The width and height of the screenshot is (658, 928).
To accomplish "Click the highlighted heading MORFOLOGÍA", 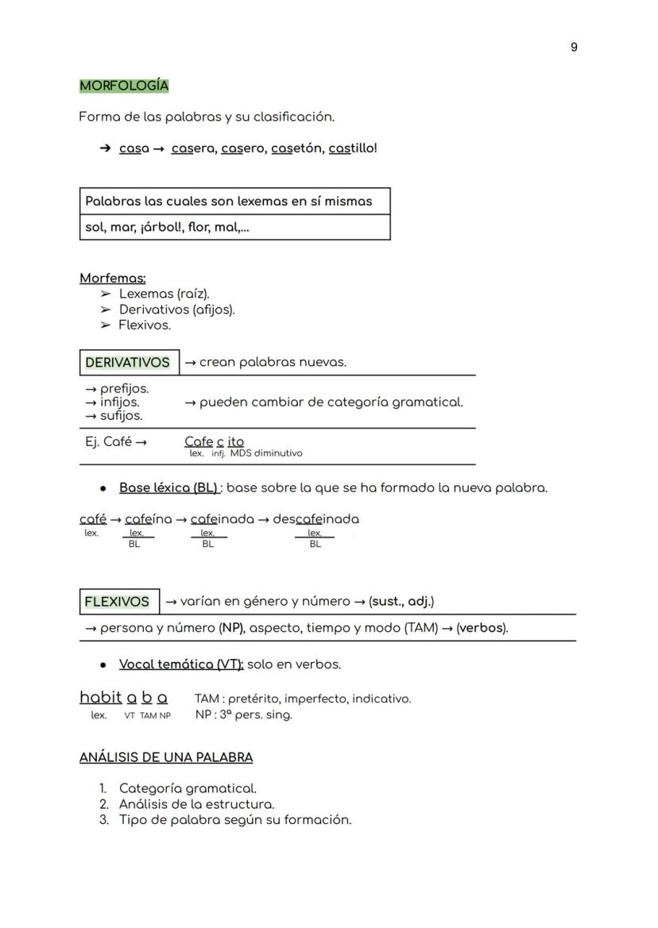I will (x=124, y=86).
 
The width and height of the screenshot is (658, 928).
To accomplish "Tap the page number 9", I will (x=574, y=48).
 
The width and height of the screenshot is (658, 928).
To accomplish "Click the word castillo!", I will (x=353, y=148).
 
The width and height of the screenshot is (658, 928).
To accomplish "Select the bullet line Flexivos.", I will (x=144, y=325).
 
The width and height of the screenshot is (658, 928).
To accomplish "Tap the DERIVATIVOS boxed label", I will (x=128, y=363).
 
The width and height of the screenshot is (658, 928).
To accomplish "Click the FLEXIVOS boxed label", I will (x=117, y=602).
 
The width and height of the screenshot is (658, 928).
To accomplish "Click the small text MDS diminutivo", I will (x=266, y=454).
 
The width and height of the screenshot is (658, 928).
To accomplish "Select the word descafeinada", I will (x=315, y=520).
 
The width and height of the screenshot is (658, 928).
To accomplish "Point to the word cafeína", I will (x=149, y=520).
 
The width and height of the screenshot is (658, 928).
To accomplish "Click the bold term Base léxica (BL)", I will (x=168, y=488).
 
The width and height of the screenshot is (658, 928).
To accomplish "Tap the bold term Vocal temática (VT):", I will (x=181, y=664).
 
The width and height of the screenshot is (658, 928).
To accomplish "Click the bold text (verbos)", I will (x=482, y=628).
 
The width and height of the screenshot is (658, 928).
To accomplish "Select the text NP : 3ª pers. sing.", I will (x=243, y=714).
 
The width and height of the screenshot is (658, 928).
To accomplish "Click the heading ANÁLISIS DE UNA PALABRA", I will (x=166, y=757).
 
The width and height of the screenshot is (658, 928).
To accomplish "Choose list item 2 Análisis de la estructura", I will (x=196, y=804).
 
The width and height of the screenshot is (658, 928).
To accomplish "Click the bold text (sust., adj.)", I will (x=401, y=602).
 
